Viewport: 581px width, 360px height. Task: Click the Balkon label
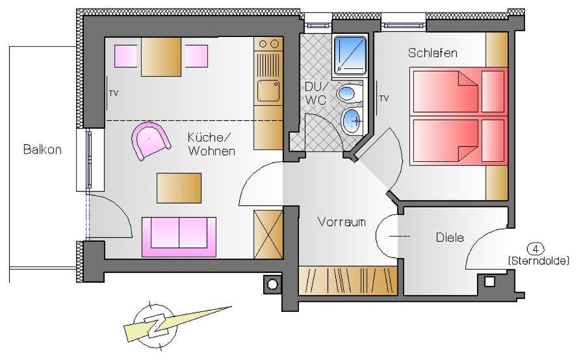click(x=42, y=149)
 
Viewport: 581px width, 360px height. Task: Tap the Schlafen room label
click(x=432, y=53)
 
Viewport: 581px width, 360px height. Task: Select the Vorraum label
click(x=342, y=222)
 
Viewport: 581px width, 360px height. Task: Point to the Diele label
click(x=450, y=237)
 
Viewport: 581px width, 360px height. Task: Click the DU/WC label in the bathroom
click(x=315, y=94)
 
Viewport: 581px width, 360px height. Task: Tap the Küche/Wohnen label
click(x=211, y=144)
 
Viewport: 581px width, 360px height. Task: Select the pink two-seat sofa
click(x=179, y=237)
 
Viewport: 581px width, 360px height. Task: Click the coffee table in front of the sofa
click(x=179, y=188)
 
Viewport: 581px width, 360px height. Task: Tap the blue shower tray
click(x=350, y=55)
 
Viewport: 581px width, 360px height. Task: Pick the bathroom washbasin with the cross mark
click(x=352, y=120)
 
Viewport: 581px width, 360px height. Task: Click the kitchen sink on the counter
click(x=268, y=90)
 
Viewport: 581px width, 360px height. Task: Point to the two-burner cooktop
click(x=268, y=44)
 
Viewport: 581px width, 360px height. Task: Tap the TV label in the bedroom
click(x=384, y=99)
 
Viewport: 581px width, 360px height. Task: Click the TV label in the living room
click(x=114, y=94)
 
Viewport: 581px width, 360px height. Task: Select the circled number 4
click(x=536, y=249)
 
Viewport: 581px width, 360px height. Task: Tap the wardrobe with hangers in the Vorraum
click(x=348, y=281)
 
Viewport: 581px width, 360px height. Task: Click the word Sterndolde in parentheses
click(x=538, y=261)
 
